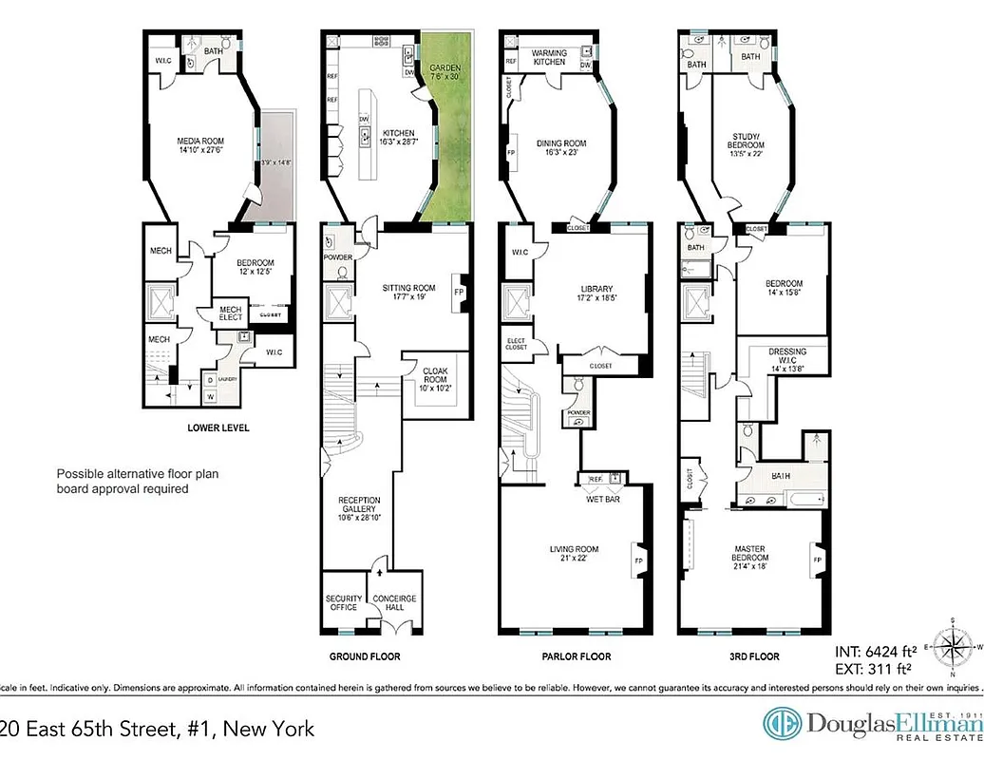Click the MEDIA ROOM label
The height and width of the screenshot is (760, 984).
pyautogui.click(x=200, y=142)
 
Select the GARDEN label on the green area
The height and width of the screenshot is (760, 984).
pyautogui.click(x=445, y=69)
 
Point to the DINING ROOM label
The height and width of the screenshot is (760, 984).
pyautogui.click(x=561, y=143)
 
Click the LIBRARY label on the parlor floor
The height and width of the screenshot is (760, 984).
pyautogui.click(x=596, y=289)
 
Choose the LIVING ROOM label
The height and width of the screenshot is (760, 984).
pyautogui.click(x=574, y=549)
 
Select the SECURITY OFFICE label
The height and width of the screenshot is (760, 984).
pyautogui.click(x=343, y=602)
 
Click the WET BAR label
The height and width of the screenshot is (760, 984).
pyautogui.click(x=602, y=499)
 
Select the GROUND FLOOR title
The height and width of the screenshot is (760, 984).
pyautogui.click(x=364, y=656)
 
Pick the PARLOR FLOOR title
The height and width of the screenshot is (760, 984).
pyautogui.click(x=576, y=656)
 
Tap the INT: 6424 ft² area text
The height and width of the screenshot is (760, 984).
pyautogui.click(x=875, y=652)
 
